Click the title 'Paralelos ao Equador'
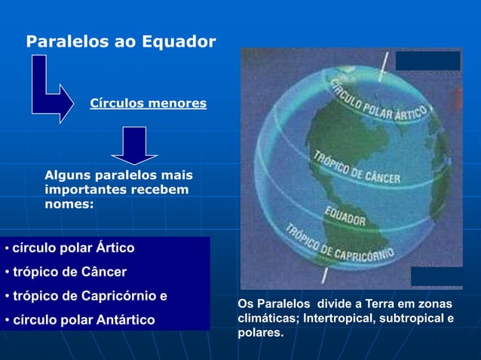point(121,41)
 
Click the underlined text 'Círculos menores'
point(148,103)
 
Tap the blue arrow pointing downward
point(135,145)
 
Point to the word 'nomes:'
point(69,203)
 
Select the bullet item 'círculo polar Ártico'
point(74,247)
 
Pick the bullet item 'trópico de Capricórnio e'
point(90,295)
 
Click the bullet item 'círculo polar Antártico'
point(83,320)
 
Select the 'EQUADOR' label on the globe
point(345,215)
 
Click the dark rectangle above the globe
point(428,60)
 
